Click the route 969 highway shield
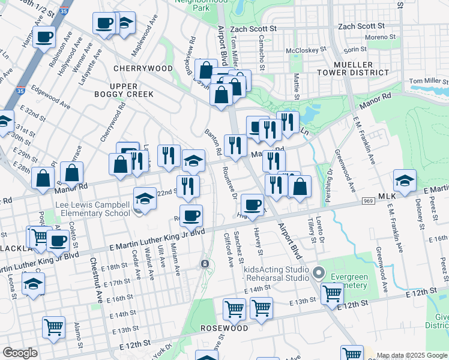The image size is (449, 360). (x=369, y=201)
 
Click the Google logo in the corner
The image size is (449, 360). (x=20, y=353)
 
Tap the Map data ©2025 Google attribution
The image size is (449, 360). (x=412, y=355)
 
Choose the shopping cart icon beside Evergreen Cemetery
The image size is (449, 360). (x=332, y=293)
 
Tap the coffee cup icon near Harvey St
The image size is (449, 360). (x=253, y=204)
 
